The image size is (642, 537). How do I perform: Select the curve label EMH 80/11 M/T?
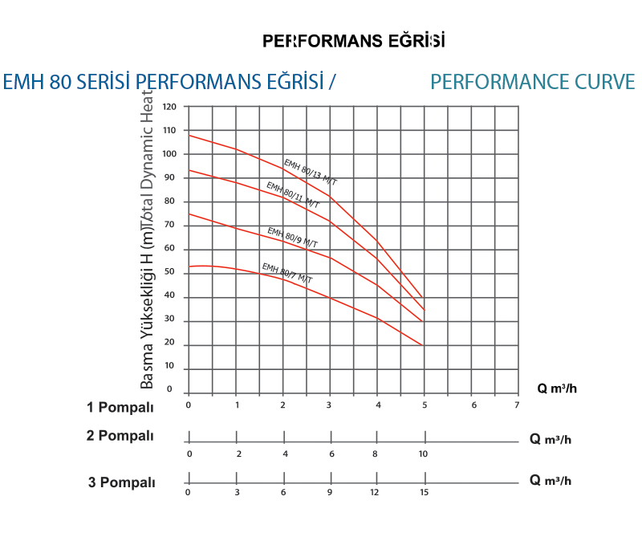coord(293,195)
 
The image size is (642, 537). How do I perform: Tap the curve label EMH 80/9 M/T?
coord(291,238)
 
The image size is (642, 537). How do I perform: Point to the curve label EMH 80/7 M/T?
coord(286,273)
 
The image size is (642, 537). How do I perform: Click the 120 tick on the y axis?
coord(169,107)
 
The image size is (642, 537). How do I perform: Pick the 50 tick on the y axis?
coord(169,273)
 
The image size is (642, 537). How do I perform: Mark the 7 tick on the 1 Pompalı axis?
coord(518,405)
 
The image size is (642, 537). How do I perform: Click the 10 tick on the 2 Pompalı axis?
coord(423,454)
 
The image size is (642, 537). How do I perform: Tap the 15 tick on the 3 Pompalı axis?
coord(423,493)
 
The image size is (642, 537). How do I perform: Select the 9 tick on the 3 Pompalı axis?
coord(330,493)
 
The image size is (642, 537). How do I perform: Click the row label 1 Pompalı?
coord(120,407)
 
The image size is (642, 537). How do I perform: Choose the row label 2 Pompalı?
coord(120,436)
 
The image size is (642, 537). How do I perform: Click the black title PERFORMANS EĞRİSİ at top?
coord(353,40)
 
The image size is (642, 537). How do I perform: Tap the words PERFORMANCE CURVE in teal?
coord(532,82)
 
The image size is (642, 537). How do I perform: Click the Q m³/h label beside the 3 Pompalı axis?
coord(551,480)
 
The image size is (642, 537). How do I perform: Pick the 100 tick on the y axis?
coord(169,154)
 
